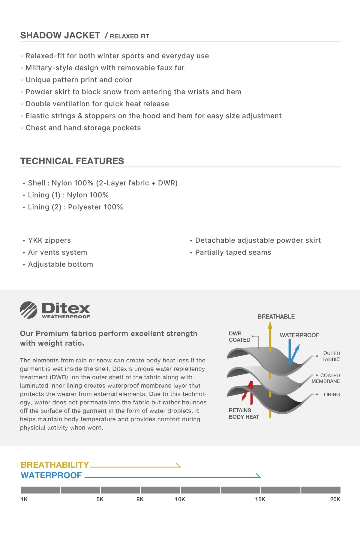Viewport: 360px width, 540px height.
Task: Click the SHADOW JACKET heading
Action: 60,35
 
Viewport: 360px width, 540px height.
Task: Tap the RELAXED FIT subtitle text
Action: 129,36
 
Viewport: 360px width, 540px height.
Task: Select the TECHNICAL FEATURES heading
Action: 72,161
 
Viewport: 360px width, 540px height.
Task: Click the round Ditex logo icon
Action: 28,310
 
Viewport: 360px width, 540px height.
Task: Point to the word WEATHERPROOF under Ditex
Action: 66,317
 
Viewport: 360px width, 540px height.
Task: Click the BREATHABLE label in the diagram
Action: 276,316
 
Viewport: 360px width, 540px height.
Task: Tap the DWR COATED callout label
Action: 239,337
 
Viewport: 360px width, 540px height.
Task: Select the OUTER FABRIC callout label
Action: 331,356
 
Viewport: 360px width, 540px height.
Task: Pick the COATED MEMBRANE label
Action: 326,378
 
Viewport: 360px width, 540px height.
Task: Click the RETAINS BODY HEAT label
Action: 244,413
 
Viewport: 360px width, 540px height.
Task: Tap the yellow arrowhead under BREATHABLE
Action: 270,325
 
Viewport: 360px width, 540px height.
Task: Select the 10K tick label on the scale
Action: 180,499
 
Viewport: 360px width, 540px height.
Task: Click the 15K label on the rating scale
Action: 260,499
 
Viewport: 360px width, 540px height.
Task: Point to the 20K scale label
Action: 335,499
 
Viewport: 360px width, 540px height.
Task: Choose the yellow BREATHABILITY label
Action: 55,465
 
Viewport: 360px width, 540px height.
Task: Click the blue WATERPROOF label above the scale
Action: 51,475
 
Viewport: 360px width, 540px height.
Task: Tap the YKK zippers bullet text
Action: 49,240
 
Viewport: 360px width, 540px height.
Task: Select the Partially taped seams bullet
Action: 233,252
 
